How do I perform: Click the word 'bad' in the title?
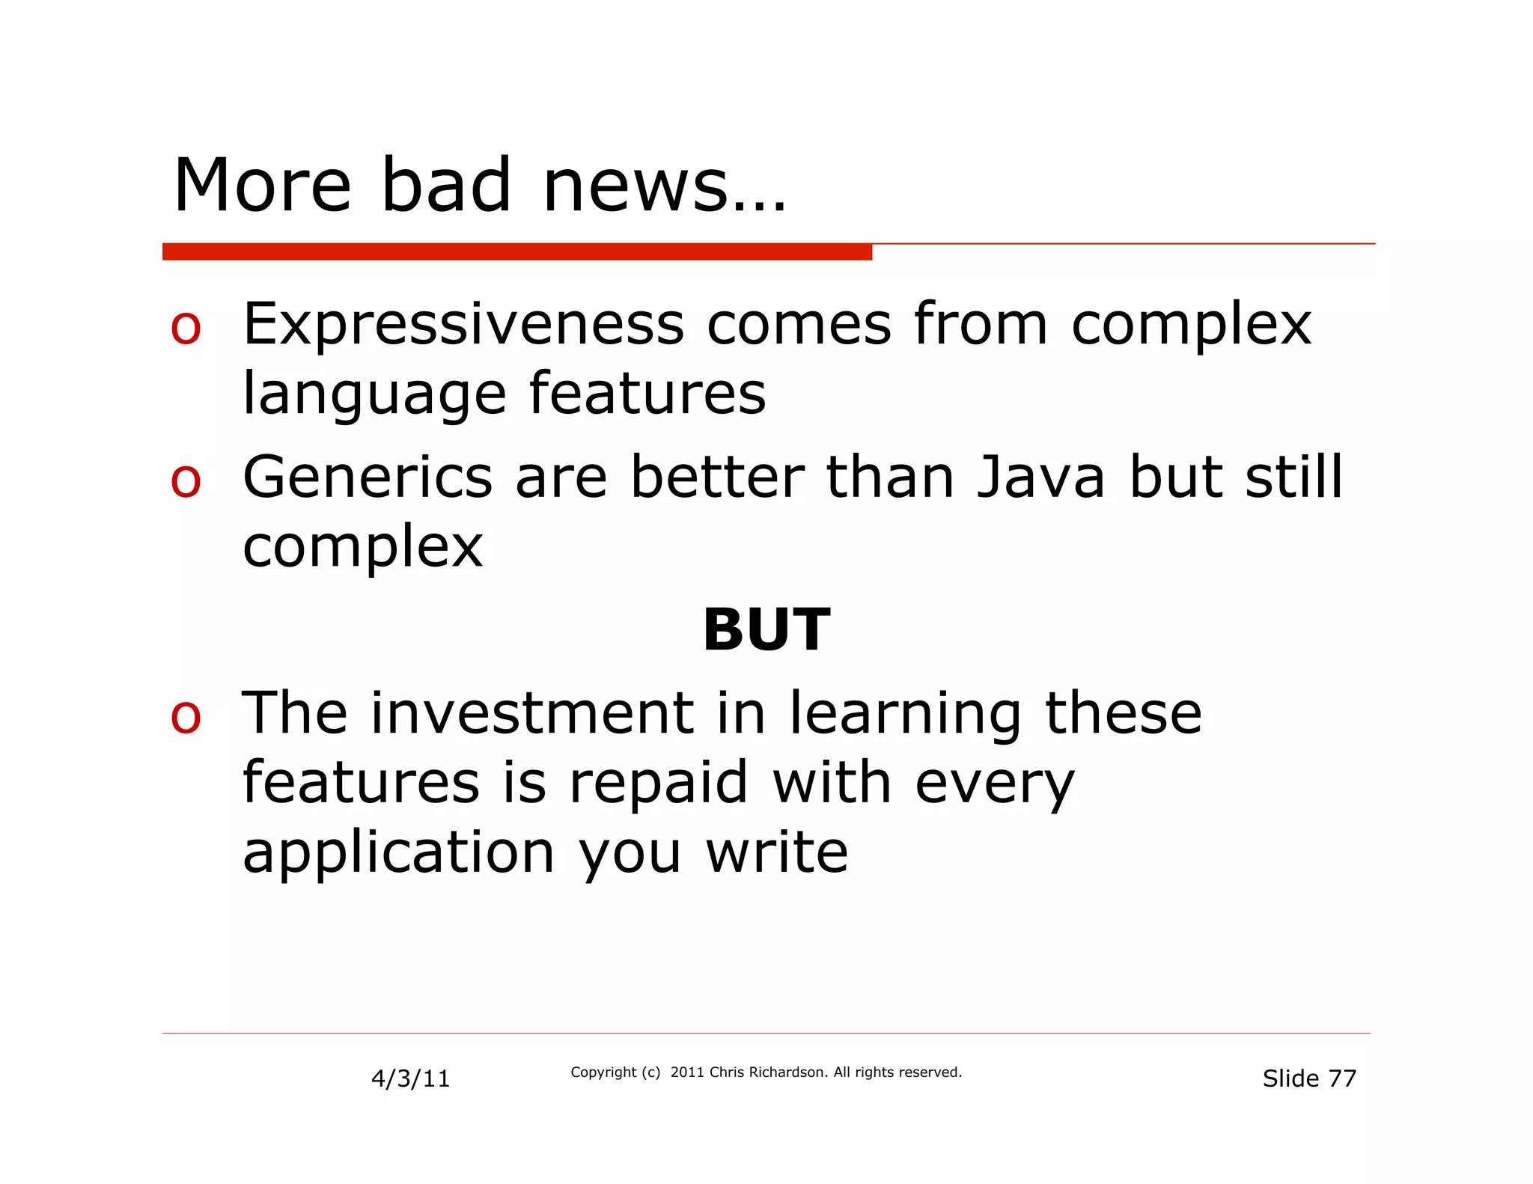point(446,185)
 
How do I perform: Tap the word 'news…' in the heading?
point(664,186)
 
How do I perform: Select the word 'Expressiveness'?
point(463,324)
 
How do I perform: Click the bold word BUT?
point(766,630)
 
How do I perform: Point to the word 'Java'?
point(1041,477)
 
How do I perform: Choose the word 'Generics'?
point(368,477)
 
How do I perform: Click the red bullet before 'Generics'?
point(186,480)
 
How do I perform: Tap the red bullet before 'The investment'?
point(186,716)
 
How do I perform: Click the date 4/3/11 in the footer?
point(410,1078)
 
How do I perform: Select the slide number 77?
point(1341,1078)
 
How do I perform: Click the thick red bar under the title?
point(516,251)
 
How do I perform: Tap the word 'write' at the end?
point(777,853)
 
